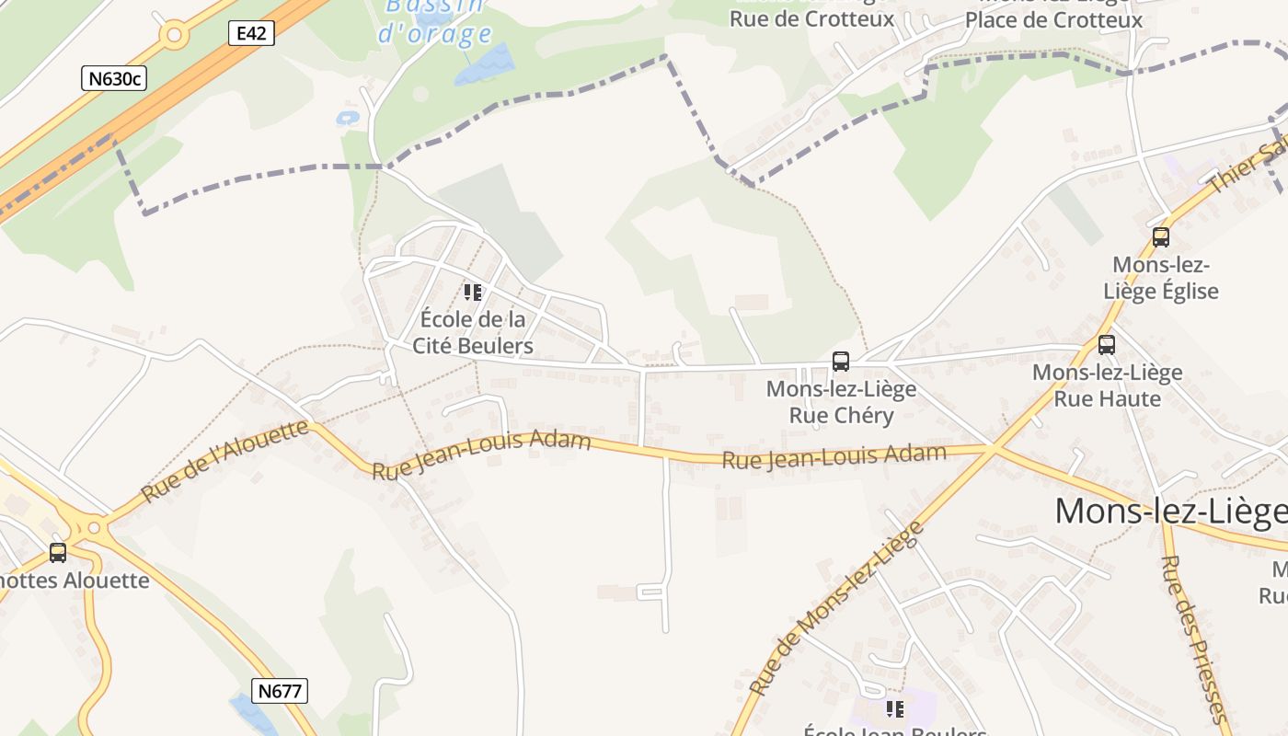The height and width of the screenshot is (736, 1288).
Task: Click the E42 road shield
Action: (x=251, y=34)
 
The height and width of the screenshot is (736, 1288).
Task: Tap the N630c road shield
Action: (x=114, y=78)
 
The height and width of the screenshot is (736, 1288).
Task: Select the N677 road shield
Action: (x=280, y=691)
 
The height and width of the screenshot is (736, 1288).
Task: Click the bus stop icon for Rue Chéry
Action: (x=841, y=362)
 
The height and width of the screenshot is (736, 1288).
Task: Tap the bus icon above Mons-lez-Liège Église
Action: (x=1161, y=237)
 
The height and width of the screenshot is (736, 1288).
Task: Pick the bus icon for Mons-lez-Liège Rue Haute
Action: (x=1107, y=345)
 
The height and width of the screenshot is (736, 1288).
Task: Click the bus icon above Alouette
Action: (x=58, y=553)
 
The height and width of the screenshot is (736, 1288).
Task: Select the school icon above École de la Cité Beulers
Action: (x=473, y=293)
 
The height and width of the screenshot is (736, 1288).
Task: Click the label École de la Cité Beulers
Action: (x=473, y=332)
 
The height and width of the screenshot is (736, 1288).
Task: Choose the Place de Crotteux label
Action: (x=1053, y=19)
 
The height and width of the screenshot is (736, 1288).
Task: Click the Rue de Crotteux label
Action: (x=811, y=18)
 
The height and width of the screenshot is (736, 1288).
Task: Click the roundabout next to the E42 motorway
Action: (x=173, y=36)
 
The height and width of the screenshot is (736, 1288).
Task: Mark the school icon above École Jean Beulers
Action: (x=894, y=709)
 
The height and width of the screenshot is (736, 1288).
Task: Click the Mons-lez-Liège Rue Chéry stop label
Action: (x=842, y=402)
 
